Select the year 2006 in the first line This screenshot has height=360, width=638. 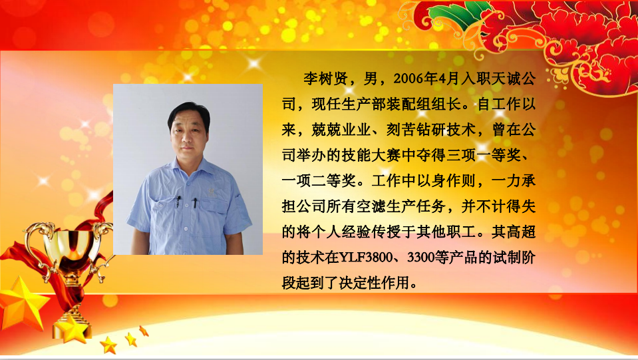point(410,79)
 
